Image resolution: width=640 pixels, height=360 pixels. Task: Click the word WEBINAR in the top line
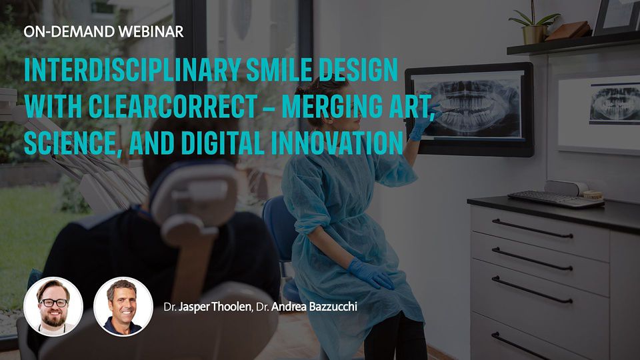(x=153, y=31)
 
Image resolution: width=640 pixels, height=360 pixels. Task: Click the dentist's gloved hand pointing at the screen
(x=421, y=127)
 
